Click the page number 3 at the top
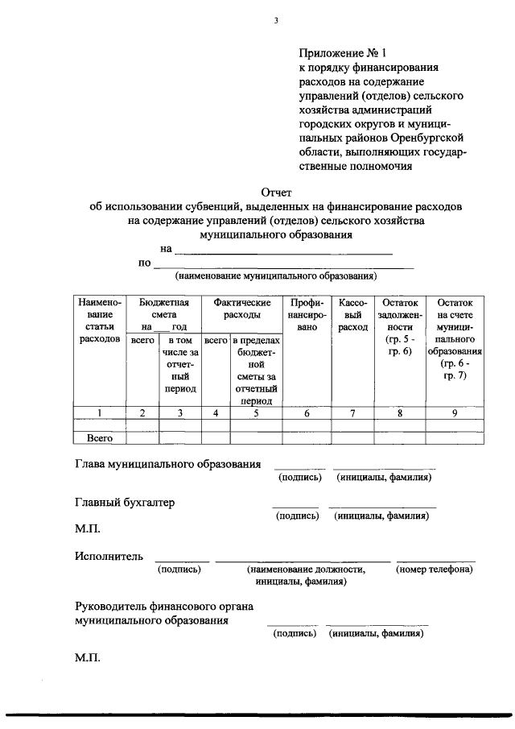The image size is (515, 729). point(275,21)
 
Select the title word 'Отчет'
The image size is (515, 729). point(276,192)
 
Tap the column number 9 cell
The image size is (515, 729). point(455,413)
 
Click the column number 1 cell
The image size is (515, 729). point(100,413)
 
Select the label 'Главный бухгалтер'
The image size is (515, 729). point(125,503)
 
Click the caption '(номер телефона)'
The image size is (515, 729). point(435,570)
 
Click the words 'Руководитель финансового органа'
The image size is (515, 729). point(157,607)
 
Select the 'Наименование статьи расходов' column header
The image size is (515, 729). point(100,321)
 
